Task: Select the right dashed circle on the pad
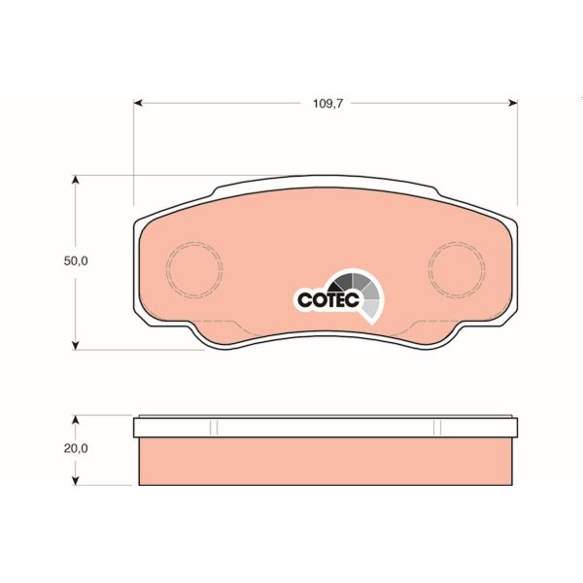point(457,270)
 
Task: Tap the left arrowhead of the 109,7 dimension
point(138,100)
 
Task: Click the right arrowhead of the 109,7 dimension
point(513,100)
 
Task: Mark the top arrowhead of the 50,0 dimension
point(77,180)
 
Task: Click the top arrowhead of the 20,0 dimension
point(77,419)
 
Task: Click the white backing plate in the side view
point(326,427)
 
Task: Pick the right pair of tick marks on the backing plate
point(438,427)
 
